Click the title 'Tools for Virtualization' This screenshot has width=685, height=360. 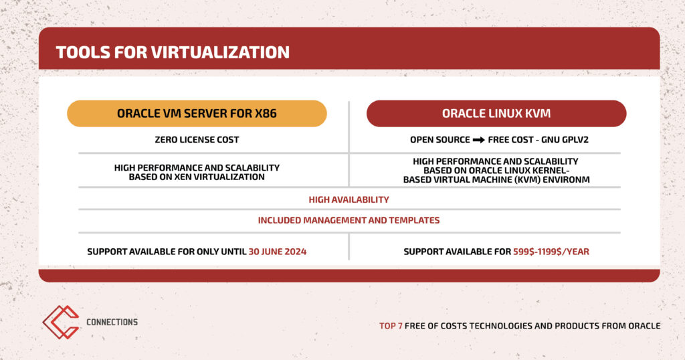click(173, 52)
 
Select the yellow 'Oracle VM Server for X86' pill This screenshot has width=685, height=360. click(197, 114)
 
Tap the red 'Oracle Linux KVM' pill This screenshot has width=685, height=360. click(496, 114)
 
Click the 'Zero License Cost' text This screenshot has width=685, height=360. click(197, 140)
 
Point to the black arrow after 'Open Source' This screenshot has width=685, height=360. click(479, 140)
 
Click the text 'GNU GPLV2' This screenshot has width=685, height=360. click(565, 140)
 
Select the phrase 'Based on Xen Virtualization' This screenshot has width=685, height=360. click(197, 177)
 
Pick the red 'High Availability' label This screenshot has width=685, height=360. click(349, 199)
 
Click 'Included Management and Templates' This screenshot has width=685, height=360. click(349, 220)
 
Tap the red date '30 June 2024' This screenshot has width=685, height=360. click(278, 252)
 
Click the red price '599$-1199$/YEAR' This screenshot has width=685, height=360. click(551, 252)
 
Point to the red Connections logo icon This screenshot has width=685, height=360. click(61, 322)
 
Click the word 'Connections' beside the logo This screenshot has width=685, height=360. click(112, 322)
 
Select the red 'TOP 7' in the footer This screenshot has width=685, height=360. click(391, 326)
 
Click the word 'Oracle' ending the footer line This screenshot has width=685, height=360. click(644, 326)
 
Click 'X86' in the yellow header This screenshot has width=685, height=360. click(266, 114)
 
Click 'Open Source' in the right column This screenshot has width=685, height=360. click(440, 140)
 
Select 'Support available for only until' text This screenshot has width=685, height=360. click(167, 252)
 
